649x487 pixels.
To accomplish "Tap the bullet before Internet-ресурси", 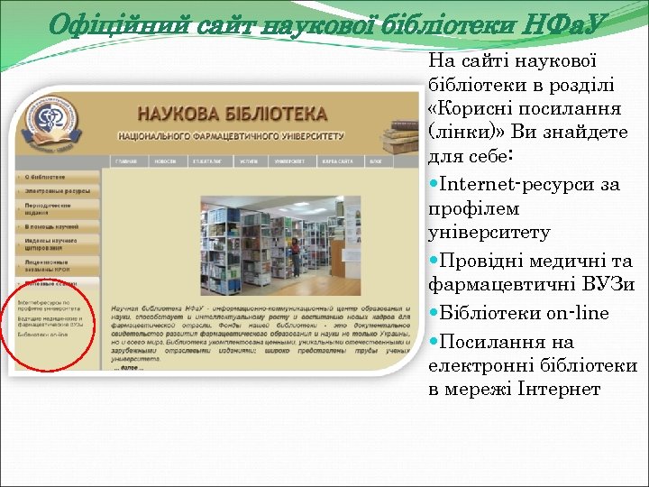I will point(436,185).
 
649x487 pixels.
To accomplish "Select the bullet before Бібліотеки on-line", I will point(436,314).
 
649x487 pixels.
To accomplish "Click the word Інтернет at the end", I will point(561,389).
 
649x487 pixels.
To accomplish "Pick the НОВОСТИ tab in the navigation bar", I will point(164,161).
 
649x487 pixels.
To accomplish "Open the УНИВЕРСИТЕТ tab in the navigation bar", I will point(288,161).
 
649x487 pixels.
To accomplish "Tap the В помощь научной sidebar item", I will point(51,225).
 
